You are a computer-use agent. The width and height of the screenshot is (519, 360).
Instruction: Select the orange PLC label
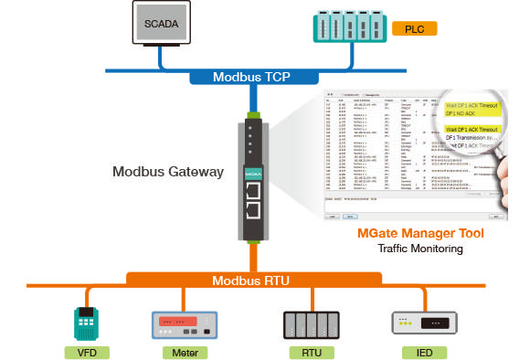[x=415, y=29]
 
